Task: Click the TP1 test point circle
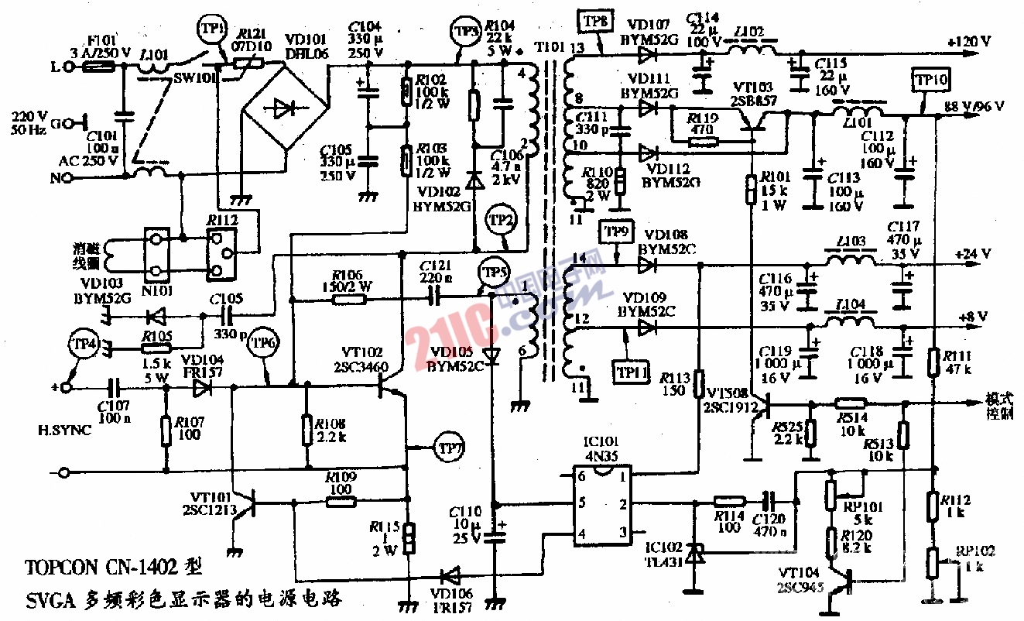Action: (x=211, y=29)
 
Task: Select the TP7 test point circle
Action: (x=448, y=447)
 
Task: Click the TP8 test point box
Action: (x=594, y=19)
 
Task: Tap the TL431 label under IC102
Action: (x=666, y=562)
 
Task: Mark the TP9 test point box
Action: (x=617, y=231)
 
